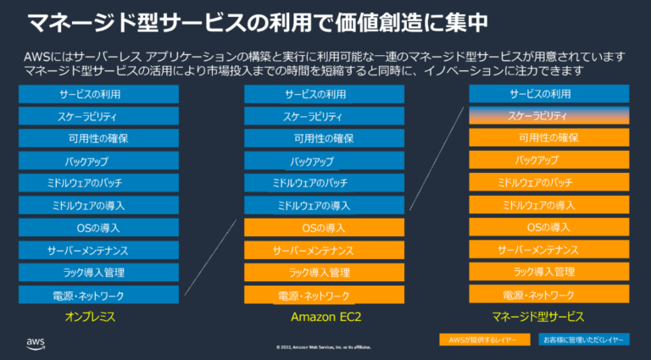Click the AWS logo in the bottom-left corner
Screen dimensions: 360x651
[x=36, y=342]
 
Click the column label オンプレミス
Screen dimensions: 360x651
[x=90, y=317]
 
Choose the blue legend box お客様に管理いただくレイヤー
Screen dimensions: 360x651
[x=584, y=339]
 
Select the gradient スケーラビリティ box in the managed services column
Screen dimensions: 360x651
[x=548, y=115]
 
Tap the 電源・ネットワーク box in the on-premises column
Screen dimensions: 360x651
[x=98, y=295]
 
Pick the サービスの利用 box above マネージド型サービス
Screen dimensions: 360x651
[x=548, y=93]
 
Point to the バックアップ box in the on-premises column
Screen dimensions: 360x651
[x=98, y=160]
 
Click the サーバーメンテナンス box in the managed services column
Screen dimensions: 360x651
[x=548, y=250]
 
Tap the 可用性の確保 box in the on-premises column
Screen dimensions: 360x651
[x=98, y=138]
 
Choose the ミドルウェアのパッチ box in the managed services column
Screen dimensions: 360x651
[x=548, y=183]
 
